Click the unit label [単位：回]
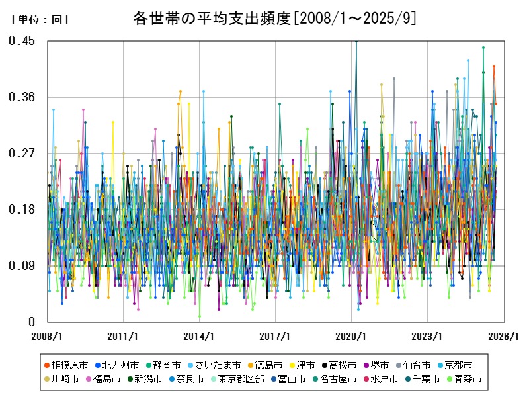(40, 20)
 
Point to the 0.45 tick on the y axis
(22, 41)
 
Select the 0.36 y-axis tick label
(22, 97)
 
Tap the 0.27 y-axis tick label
(22, 154)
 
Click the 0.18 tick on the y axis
(22, 210)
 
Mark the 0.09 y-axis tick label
(22, 266)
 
